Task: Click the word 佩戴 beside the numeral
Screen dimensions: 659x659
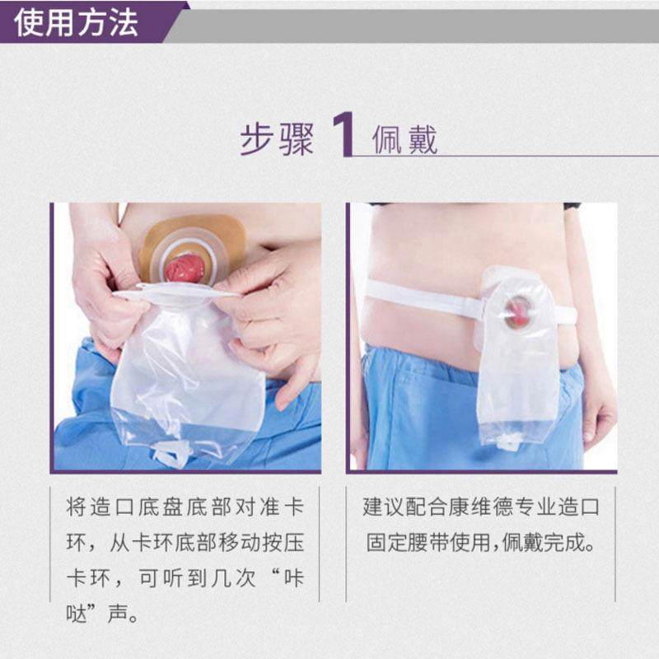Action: coord(404,138)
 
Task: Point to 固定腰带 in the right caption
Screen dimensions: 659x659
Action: coord(409,544)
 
